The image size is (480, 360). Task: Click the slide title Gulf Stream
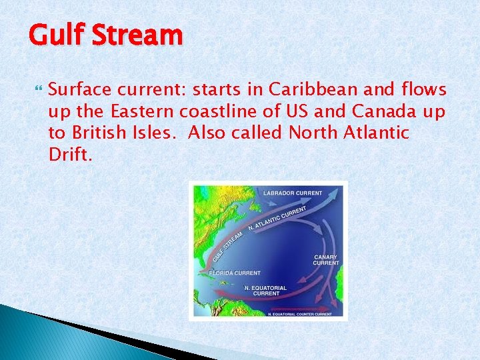(x=105, y=35)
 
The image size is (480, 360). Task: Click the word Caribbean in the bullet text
(x=301, y=90)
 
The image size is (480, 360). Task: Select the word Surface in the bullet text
(x=79, y=90)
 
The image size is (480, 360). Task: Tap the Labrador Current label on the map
(x=293, y=193)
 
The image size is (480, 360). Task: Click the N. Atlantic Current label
(x=277, y=219)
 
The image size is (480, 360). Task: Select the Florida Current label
(x=235, y=273)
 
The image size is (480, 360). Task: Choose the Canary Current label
(x=326, y=260)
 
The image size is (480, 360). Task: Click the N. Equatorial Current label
(x=265, y=291)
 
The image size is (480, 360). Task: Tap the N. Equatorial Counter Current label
(x=299, y=313)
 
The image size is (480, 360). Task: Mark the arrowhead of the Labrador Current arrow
(x=337, y=193)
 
